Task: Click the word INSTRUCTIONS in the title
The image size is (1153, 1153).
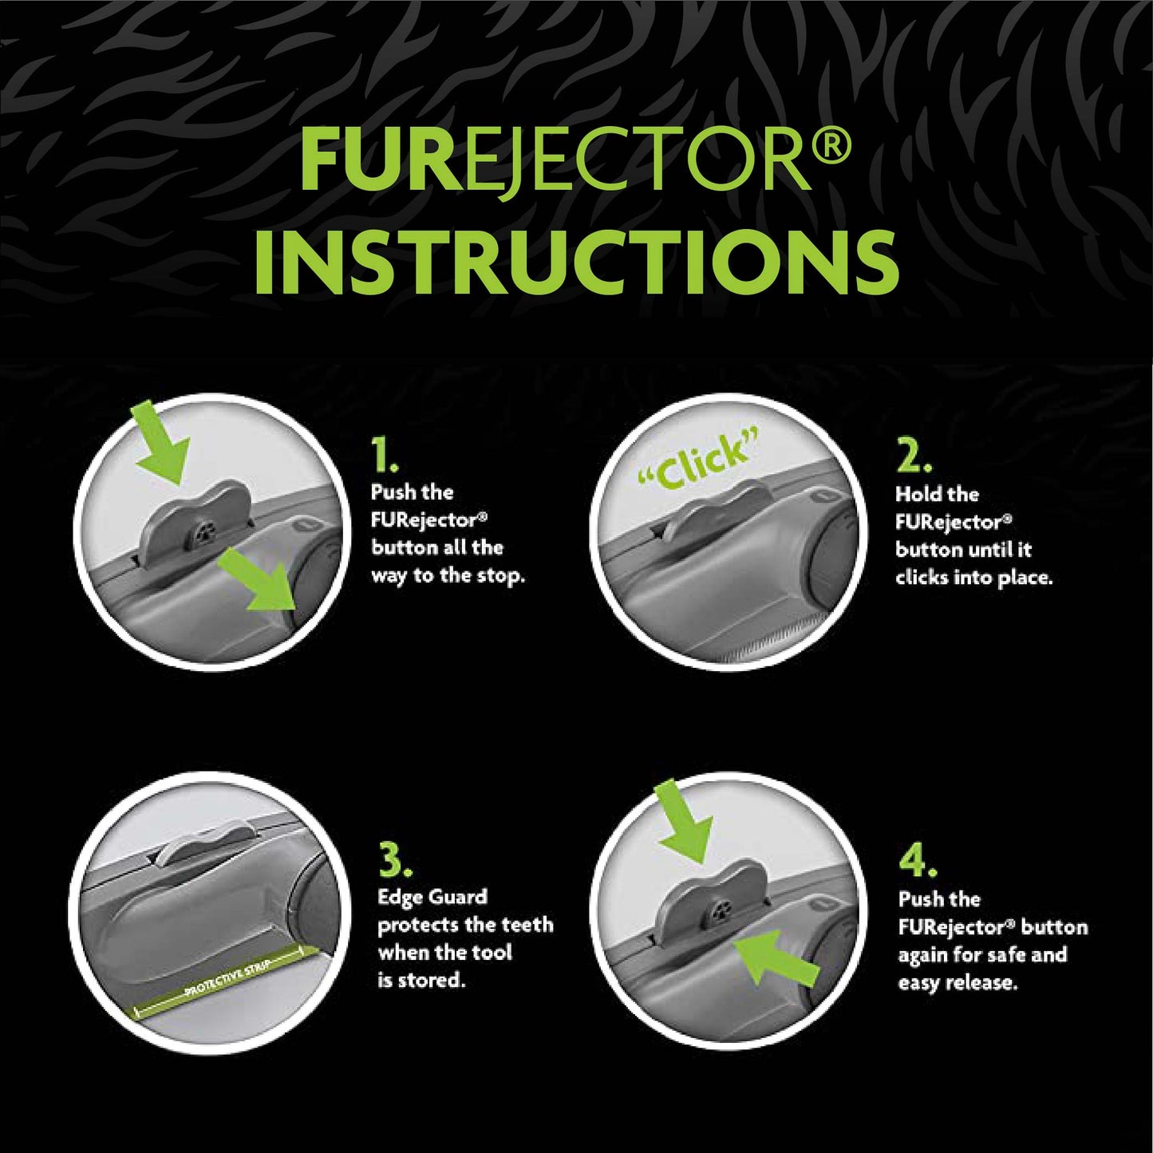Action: pos(576,262)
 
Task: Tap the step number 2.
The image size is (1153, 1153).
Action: pos(913,457)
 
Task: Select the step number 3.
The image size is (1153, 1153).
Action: pos(395,862)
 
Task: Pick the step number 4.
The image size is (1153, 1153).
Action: pos(918,862)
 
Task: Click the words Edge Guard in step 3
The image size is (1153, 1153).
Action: pos(432,897)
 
